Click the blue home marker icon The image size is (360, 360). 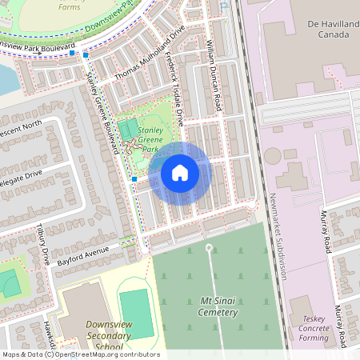180,173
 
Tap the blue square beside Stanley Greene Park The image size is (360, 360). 134,180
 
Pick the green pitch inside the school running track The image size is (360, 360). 136,314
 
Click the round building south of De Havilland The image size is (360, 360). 270,155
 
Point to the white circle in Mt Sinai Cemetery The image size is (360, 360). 210,248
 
